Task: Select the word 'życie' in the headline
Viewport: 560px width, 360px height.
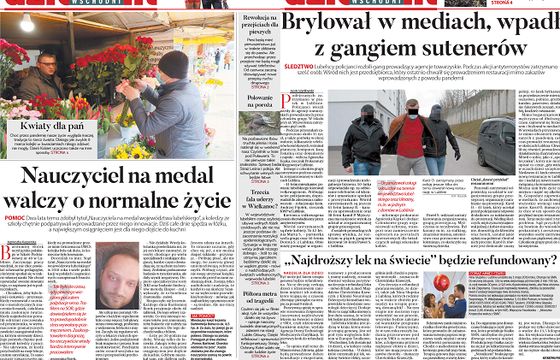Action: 188,204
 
